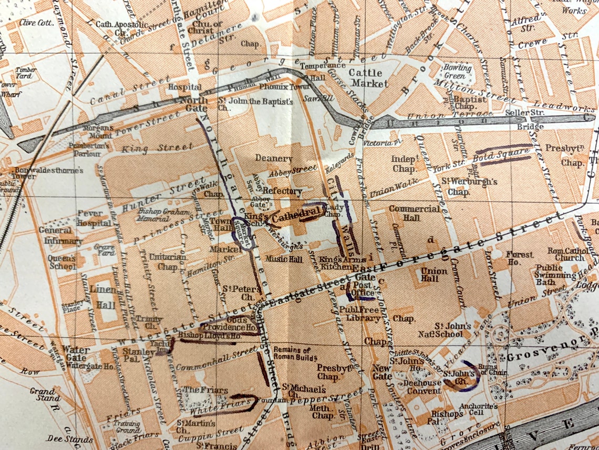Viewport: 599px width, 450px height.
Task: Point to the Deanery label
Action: (x=273, y=158)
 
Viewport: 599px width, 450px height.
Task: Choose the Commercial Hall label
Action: (x=415, y=213)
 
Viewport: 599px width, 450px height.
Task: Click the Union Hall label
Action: (x=433, y=275)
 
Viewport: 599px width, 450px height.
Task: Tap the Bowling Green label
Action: (x=457, y=71)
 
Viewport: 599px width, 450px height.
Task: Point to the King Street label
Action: (x=150, y=148)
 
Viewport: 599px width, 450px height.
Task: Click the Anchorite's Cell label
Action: (x=478, y=410)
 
